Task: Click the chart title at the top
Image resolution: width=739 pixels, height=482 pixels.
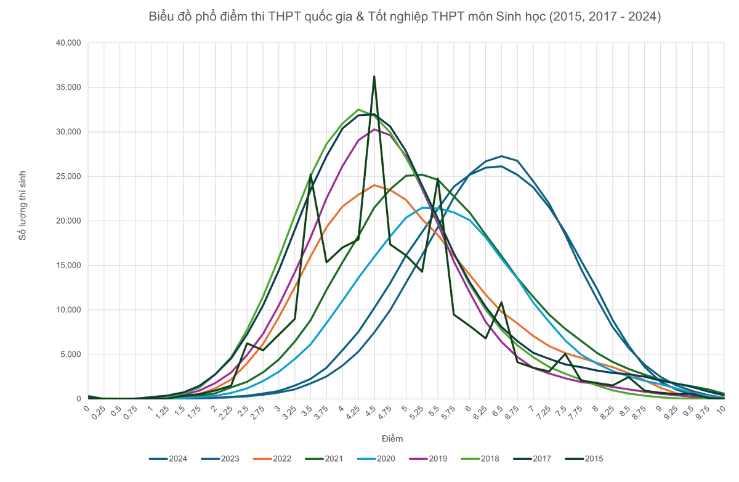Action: [406, 17]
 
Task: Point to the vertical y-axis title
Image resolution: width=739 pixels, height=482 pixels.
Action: [22, 203]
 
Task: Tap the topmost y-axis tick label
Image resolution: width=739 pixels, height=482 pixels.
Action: [67, 42]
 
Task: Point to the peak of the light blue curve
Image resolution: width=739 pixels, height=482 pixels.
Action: [431, 208]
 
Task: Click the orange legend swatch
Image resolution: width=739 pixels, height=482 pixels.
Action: [262, 459]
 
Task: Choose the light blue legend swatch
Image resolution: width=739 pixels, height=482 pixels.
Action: [366, 459]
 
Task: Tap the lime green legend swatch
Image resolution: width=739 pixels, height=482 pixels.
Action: [469, 459]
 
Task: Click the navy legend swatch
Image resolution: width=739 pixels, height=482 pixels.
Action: [521, 459]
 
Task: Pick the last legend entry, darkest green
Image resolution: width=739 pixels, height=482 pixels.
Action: [574, 459]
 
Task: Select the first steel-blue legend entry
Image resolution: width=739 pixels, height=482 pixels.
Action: [156, 459]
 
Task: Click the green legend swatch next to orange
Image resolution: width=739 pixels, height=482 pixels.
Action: [314, 459]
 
